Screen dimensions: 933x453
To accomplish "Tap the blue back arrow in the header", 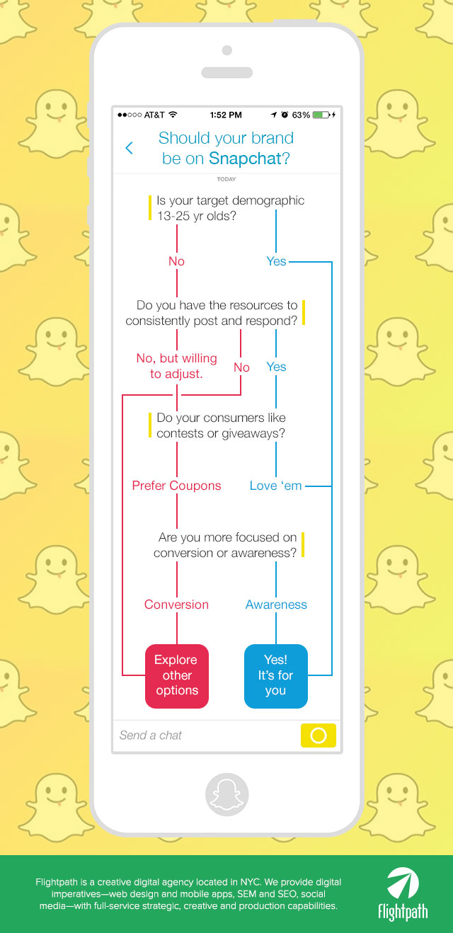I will (129, 147).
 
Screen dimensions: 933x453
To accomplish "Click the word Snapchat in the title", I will (245, 159).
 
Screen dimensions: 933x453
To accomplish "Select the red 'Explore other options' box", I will (177, 675).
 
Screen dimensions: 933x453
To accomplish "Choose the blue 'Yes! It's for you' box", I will (276, 675).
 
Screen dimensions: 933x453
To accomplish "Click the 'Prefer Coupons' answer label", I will (176, 486).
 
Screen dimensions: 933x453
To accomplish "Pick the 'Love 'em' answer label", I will (275, 486).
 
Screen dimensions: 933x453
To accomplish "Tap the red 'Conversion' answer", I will (176, 605).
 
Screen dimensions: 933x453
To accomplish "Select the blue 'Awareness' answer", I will (276, 605).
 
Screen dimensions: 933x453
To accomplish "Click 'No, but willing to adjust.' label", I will (176, 366).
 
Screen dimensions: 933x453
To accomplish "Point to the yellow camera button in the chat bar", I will (318, 735).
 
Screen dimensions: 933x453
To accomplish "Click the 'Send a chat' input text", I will (151, 735).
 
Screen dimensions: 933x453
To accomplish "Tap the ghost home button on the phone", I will (226, 794).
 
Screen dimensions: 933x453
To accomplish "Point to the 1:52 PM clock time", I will (226, 115).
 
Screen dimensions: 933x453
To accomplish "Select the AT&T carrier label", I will (154, 115).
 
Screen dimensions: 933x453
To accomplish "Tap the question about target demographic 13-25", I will (230, 208).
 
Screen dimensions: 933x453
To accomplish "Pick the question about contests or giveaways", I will (221, 425).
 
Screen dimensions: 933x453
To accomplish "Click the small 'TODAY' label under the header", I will (226, 179).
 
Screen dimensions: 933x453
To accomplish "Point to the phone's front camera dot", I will (226, 50).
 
